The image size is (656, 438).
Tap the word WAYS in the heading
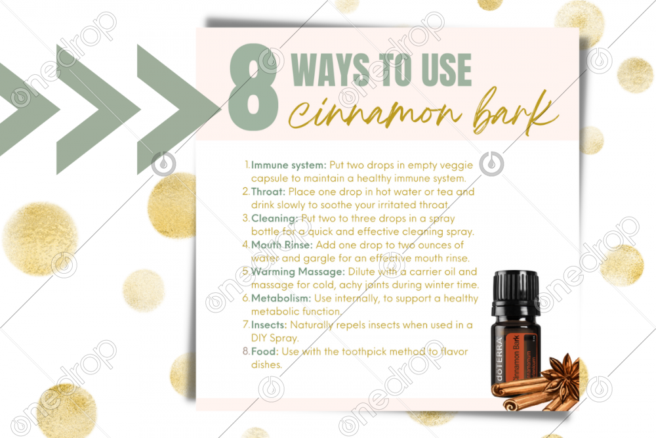[330, 70]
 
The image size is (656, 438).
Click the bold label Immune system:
[289, 165]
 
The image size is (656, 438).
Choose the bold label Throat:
[268, 192]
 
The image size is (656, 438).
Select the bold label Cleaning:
[274, 219]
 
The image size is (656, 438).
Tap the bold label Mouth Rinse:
[282, 245]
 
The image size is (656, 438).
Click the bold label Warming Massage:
[298, 272]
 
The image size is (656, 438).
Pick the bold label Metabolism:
[281, 299]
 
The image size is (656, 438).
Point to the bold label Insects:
[269, 325]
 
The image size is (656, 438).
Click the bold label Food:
[265, 352]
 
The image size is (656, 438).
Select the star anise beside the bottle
[563, 374]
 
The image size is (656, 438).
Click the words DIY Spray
[275, 338]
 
